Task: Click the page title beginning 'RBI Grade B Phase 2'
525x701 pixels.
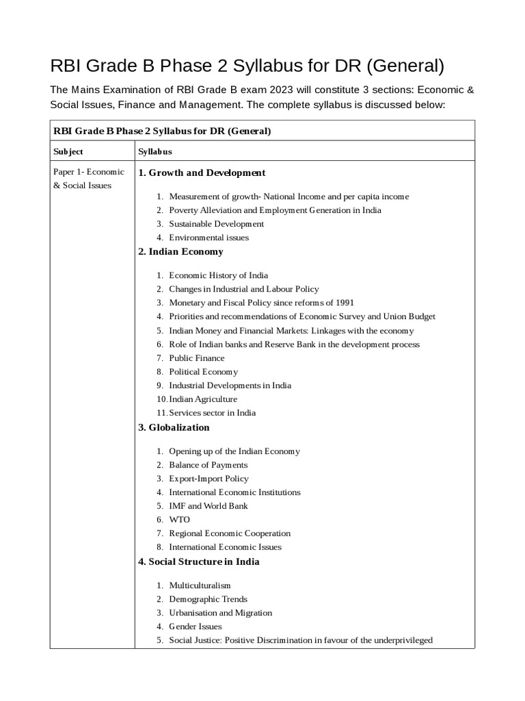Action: pos(247,66)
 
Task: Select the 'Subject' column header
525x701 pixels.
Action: pos(68,151)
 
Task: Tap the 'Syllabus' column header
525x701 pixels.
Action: pos(154,151)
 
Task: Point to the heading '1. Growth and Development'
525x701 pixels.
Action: pos(202,173)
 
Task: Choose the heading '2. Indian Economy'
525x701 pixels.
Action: pos(180,252)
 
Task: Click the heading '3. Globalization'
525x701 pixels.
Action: pos(174,428)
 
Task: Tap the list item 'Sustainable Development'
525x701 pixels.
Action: pos(216,224)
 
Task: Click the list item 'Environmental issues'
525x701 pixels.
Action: pos(208,238)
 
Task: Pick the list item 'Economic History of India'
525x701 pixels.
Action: pos(218,276)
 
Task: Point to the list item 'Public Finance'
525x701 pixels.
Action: pos(197,358)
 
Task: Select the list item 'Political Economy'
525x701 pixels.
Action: pos(204,372)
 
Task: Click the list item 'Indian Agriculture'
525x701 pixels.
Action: pos(203,399)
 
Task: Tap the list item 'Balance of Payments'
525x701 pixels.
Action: pos(208,465)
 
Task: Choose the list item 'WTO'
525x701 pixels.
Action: pos(180,520)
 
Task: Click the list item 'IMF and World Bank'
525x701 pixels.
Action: pos(208,506)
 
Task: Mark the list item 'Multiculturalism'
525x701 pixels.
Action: pos(200,585)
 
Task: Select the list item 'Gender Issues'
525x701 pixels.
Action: pos(196,626)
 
